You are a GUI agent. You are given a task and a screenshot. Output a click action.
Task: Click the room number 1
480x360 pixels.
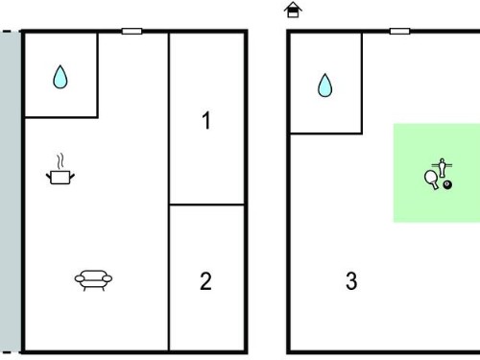(x=206, y=120)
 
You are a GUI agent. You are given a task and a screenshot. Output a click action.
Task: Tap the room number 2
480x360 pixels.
(x=205, y=281)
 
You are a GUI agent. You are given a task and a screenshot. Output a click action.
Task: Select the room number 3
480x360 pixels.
(x=351, y=281)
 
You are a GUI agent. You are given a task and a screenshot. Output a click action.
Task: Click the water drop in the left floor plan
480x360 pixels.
(x=60, y=77)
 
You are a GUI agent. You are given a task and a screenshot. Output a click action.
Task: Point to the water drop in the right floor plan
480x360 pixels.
(x=324, y=85)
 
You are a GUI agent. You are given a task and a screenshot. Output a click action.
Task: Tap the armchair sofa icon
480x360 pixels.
(x=93, y=280)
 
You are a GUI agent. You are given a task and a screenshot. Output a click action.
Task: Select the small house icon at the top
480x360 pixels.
(x=293, y=10)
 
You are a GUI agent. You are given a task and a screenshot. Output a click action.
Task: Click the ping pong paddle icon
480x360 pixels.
(x=431, y=180)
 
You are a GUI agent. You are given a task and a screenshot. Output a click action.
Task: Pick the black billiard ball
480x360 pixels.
(x=447, y=184)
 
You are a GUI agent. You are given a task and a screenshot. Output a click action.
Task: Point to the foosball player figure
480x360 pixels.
(x=442, y=168)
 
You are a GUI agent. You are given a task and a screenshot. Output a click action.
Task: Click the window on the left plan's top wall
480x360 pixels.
(x=132, y=31)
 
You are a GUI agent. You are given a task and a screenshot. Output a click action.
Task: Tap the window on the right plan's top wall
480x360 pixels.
(x=399, y=31)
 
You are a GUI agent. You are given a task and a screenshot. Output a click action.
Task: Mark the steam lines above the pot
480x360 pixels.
(x=60, y=161)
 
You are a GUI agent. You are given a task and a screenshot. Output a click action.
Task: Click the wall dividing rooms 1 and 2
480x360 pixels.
(x=206, y=204)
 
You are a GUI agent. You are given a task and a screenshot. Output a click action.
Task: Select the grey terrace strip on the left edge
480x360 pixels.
(x=11, y=192)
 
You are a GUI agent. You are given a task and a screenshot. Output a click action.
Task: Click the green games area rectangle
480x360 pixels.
(x=437, y=173)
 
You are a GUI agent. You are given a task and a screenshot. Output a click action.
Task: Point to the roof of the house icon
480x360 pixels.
(x=293, y=6)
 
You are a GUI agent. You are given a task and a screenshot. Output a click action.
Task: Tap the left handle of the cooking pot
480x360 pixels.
(x=49, y=176)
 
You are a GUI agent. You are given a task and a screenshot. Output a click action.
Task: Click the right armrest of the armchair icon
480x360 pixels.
(x=107, y=278)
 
